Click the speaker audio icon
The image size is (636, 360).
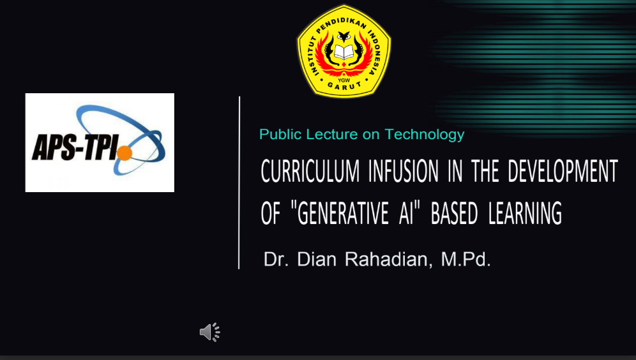(x=209, y=333)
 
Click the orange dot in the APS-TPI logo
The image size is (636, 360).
(x=125, y=153)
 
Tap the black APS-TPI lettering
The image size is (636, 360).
(x=75, y=147)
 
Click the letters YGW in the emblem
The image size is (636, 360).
(x=344, y=80)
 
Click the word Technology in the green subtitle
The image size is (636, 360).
(x=424, y=135)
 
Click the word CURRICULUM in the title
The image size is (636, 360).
(x=310, y=171)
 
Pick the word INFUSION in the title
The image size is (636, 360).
(x=404, y=171)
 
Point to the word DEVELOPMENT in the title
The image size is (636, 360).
(x=563, y=171)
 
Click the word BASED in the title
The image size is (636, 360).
(x=454, y=213)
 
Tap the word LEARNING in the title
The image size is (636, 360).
(x=526, y=213)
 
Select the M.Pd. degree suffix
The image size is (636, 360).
(x=466, y=259)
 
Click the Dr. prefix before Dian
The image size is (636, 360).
(x=276, y=259)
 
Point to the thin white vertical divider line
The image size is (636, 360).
(x=239, y=183)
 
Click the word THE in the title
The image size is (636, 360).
(x=485, y=171)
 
